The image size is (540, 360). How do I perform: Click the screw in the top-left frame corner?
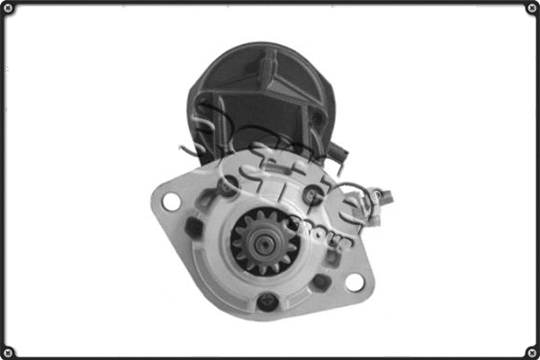(x=9, y=9)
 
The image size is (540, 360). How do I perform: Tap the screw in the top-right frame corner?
(x=531, y=9)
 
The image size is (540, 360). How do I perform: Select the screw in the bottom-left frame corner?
(x=9, y=351)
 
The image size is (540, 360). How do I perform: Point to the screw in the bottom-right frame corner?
(x=531, y=351)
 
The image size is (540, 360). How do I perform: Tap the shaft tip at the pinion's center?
(x=262, y=241)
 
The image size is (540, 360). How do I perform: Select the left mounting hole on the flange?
(x=170, y=202)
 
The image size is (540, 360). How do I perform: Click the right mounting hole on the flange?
(x=355, y=282)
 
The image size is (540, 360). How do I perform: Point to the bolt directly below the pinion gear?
(x=266, y=301)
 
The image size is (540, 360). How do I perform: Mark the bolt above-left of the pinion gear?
(x=229, y=185)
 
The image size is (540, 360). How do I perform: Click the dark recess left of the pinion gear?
(x=193, y=229)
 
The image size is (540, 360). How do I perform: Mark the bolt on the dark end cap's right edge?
(x=316, y=118)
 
